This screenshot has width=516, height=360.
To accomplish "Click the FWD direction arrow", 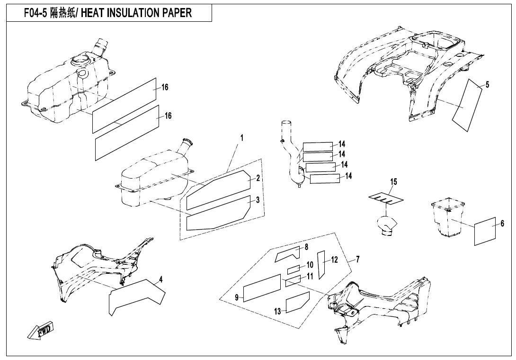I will pos(41,330).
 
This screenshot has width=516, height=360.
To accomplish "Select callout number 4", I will pos(160,280).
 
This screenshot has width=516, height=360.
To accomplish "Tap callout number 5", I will pos(488,85).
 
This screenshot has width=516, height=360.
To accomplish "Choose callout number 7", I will pos(357,259).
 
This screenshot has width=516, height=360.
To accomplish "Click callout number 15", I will pos(393,182).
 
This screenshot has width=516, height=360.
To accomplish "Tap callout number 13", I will pos(278,311).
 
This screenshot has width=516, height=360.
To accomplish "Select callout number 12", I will pos(334,260).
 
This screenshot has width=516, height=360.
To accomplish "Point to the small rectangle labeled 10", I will pos(294,270).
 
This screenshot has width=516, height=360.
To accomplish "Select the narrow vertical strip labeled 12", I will pos(320,264).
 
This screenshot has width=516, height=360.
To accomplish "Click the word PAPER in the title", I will pos(174,13).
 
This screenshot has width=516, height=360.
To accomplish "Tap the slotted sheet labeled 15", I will pos(386,198).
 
